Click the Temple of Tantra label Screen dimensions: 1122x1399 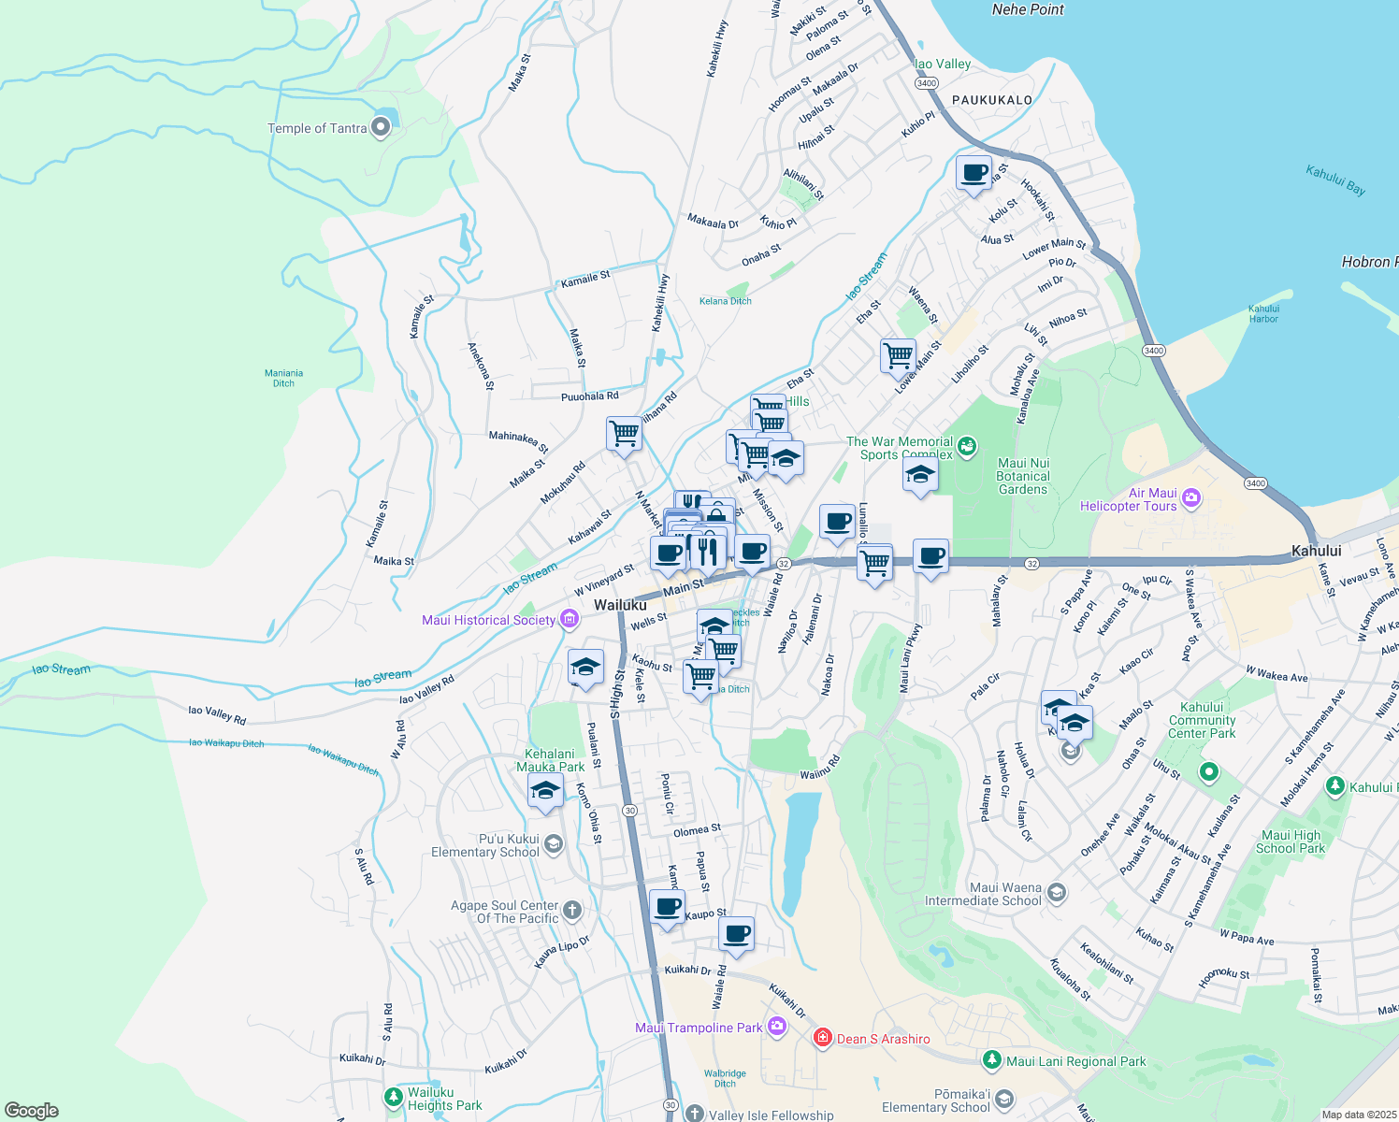(x=317, y=128)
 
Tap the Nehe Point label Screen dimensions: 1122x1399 (x=1028, y=9)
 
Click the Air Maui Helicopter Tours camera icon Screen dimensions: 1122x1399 (x=1190, y=497)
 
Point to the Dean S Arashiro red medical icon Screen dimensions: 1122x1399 (x=822, y=1038)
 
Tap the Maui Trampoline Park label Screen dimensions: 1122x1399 (x=699, y=1028)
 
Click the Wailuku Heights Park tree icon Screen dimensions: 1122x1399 (x=394, y=1096)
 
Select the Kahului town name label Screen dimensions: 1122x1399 (x=1316, y=551)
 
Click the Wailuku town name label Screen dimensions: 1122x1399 (x=620, y=605)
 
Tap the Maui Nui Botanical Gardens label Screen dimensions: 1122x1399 (x=1023, y=476)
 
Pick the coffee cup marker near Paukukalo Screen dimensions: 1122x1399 (x=974, y=174)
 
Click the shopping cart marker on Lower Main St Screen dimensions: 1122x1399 (x=898, y=355)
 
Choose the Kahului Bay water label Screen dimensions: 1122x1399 (x=1335, y=180)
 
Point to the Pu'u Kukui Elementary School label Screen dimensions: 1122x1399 (x=485, y=845)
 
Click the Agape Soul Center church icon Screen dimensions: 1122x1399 (x=572, y=910)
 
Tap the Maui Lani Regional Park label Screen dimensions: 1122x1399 (x=1075, y=1061)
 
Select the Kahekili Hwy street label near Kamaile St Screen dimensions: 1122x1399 (x=660, y=302)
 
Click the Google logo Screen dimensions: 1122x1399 (x=31, y=1111)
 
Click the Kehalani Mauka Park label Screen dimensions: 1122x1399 (x=550, y=760)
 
